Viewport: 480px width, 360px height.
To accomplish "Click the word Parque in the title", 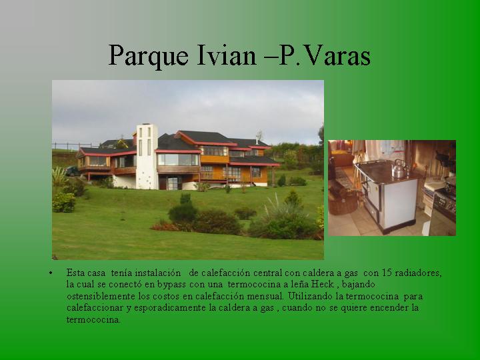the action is [x=149, y=56].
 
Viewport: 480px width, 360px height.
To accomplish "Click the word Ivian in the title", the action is [x=226, y=55].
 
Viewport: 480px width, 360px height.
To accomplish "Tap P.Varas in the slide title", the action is [x=325, y=55].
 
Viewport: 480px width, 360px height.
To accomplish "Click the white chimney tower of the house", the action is [x=147, y=157].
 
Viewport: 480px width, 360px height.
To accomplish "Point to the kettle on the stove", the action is [x=399, y=169].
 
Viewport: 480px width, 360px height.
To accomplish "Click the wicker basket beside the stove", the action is [x=343, y=203].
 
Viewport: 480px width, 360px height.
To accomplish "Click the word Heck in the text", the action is [x=323, y=284].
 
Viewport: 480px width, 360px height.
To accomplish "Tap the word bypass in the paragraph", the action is [x=171, y=285].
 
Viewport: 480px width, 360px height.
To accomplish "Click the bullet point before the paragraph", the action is [x=51, y=273].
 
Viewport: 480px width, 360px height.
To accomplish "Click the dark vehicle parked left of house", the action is [x=72, y=171].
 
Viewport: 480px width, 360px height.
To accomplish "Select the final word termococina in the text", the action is [x=93, y=320].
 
